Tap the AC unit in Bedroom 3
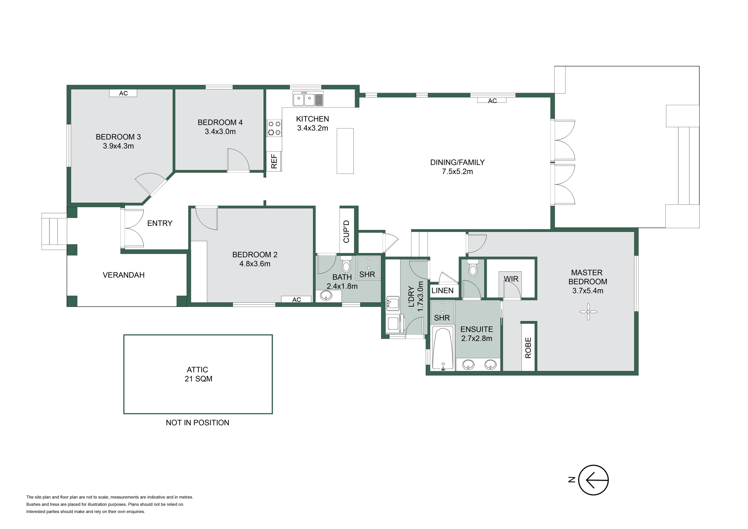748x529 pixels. point(123,93)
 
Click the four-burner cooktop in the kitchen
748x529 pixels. point(274,128)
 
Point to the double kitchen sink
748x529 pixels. point(308,99)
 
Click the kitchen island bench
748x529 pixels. point(345,151)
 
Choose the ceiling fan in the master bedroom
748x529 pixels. point(588,312)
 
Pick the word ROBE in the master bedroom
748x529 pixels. point(528,348)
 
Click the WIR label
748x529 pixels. point(511,279)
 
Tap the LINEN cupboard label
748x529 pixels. point(442,290)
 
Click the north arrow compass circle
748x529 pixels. point(594,480)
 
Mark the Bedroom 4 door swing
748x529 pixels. point(238,160)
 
